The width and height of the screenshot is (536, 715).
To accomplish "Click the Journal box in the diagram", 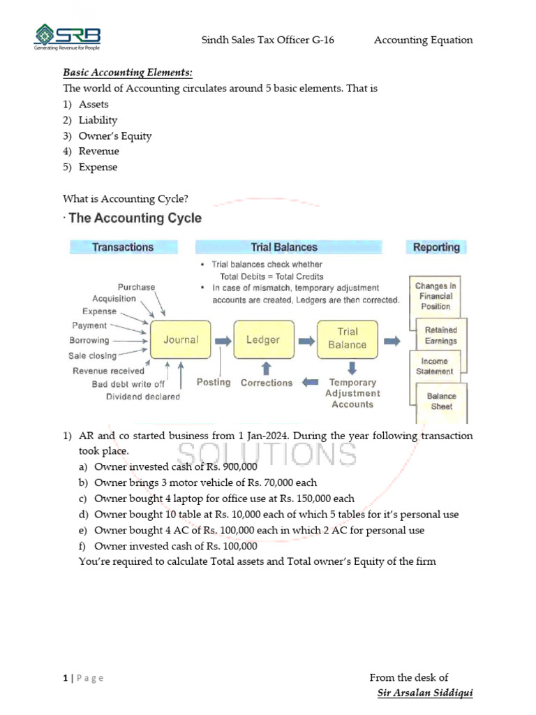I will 180,340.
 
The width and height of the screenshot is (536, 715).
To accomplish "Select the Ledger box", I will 262,340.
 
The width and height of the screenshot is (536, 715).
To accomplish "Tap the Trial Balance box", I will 347,339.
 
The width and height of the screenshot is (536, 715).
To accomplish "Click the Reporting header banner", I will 436,247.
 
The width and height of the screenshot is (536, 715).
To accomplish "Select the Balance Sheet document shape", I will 441,401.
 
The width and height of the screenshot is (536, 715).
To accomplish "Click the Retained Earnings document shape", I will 441,335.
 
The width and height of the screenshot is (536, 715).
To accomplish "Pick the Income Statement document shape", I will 434,367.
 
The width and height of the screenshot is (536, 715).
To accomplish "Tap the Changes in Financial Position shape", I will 435,297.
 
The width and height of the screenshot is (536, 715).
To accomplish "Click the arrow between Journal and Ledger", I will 223,341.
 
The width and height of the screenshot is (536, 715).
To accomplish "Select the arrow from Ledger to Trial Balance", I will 306,341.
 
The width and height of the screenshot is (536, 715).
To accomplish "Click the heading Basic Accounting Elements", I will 128,72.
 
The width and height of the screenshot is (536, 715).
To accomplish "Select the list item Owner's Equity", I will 115,136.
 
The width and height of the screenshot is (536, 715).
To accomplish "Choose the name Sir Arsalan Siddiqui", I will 424,693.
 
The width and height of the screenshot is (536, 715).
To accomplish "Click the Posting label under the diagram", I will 213,383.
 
